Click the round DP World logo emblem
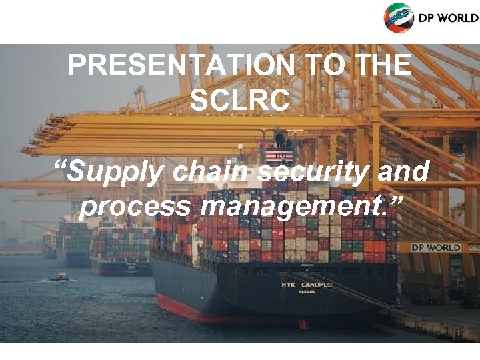[399, 17]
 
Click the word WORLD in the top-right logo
[457, 18]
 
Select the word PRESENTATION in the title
[181, 66]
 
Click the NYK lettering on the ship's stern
[289, 285]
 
